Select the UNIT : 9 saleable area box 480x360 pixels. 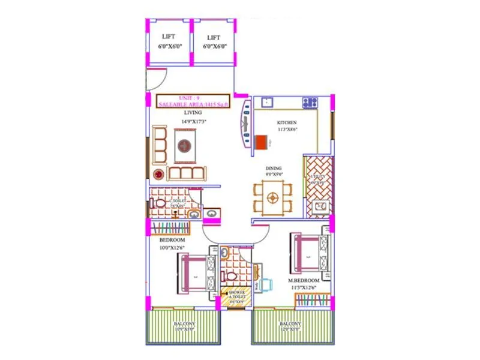click(x=193, y=101)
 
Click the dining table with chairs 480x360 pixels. click(x=273, y=197)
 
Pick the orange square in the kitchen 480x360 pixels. click(x=260, y=143)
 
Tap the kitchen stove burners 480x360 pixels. click(x=310, y=102)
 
